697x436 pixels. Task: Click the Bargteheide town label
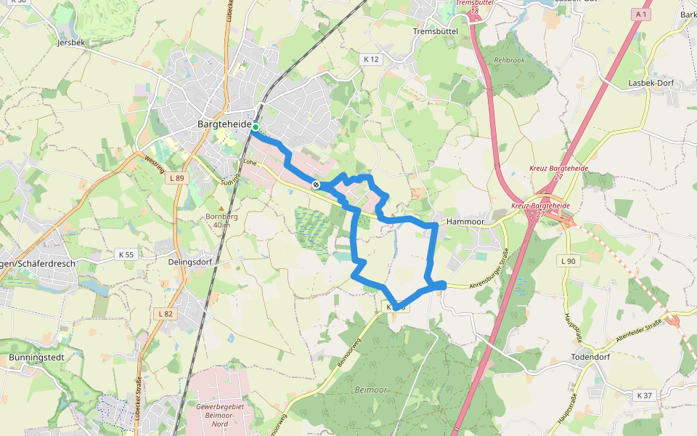point(224,124)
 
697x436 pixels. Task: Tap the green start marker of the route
point(256,127)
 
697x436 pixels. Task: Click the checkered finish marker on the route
point(316,185)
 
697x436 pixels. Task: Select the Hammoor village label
point(465,221)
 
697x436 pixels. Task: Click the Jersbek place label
point(70,42)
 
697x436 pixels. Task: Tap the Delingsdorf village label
point(189,262)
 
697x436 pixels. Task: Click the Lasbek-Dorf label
point(651,83)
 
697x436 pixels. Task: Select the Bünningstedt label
point(37,358)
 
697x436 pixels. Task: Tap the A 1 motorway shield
point(640,15)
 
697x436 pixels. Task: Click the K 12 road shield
point(370,59)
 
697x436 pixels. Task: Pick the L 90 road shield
point(568,261)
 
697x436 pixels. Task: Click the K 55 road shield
point(126,254)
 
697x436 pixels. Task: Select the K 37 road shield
point(643,395)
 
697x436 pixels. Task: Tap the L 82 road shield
point(166,313)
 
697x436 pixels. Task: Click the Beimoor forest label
point(371,390)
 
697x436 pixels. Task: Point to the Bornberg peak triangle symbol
point(221,208)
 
